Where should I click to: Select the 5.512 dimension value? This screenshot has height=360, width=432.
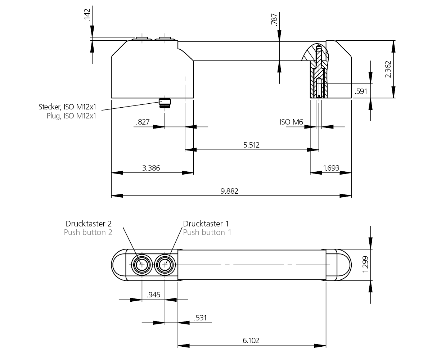click(251, 145)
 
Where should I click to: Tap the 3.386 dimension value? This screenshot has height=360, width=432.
click(151, 168)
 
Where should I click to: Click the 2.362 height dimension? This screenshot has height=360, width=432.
click(388, 69)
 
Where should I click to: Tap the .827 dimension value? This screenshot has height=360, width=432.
click(143, 122)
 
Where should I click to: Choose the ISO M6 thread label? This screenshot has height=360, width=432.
click(292, 122)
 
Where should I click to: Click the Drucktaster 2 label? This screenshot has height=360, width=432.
click(89, 224)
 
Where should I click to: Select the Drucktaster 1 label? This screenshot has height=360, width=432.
click(206, 224)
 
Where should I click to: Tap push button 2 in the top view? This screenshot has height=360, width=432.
click(142, 265)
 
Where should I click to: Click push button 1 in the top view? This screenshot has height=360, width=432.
click(165, 265)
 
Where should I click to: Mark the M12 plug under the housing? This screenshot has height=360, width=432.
click(165, 102)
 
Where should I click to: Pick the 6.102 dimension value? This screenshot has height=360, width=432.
click(251, 340)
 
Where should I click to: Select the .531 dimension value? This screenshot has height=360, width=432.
click(200, 318)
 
